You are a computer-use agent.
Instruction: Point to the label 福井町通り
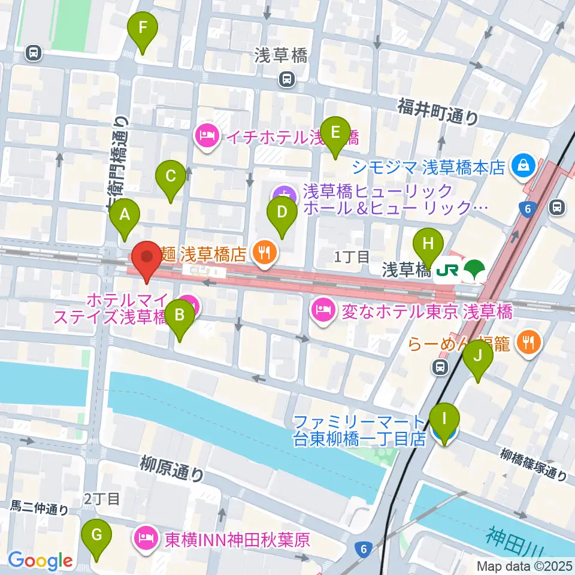click(438, 111)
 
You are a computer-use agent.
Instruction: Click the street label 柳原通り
click(171, 469)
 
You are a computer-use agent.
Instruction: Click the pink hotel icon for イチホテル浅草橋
click(208, 137)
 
